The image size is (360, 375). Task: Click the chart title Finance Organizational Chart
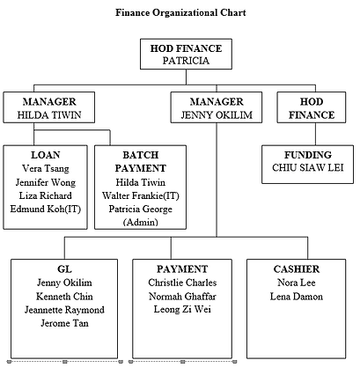point(180,13)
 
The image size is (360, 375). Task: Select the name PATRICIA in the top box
point(186,61)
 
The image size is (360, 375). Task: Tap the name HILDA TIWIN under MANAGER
point(49,114)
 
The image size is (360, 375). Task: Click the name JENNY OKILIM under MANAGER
point(217,114)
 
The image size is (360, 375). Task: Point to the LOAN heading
point(46,155)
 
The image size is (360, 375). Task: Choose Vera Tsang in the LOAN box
point(46,168)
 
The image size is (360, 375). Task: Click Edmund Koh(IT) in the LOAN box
point(46,209)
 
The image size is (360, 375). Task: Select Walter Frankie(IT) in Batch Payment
point(141,195)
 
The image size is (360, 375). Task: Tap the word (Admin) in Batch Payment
point(141,222)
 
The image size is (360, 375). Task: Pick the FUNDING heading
point(308,155)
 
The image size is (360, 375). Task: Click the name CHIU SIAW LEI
point(308,168)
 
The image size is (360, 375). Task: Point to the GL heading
point(64,269)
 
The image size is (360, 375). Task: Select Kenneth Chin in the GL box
point(64,297)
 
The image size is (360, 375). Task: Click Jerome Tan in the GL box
point(64,323)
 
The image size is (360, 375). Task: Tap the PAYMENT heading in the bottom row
point(182,269)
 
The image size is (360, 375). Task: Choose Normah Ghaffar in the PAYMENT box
point(182,297)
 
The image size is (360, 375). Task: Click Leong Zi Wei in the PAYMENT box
point(182,310)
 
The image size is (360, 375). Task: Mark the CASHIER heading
point(297,269)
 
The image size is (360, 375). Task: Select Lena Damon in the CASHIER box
point(297,297)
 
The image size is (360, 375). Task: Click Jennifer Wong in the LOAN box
point(46,182)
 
